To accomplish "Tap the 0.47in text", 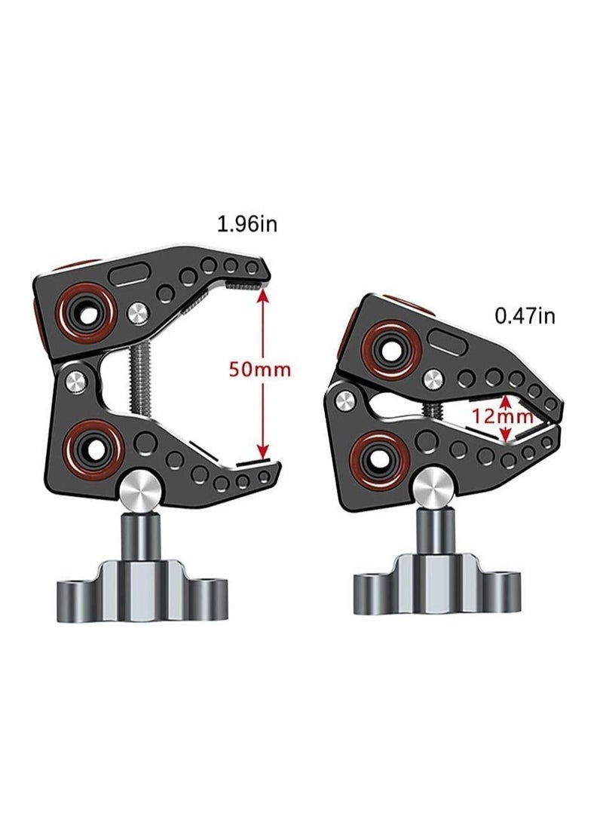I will pos(525,315).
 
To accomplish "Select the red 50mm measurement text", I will pos(259,371).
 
